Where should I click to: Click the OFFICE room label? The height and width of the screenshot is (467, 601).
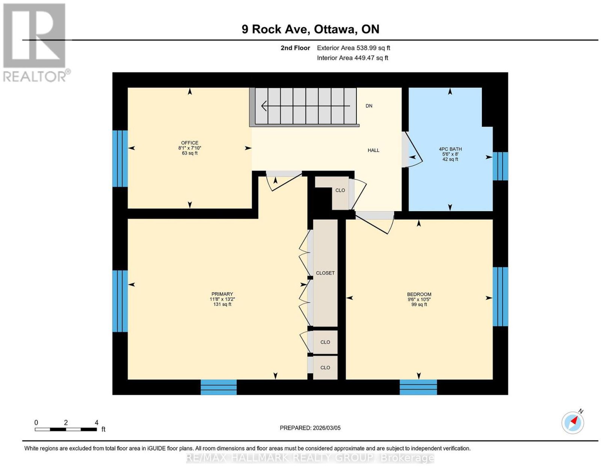click(189, 143)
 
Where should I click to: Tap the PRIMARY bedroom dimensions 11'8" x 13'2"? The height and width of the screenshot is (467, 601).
click(222, 299)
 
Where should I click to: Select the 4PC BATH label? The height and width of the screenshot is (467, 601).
click(450, 149)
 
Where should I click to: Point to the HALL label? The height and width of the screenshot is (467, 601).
click(373, 150)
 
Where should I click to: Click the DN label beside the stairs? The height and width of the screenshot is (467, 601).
click(369, 106)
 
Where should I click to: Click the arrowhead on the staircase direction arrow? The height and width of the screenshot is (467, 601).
click(264, 106)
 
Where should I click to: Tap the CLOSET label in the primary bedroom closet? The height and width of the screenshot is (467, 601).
click(325, 273)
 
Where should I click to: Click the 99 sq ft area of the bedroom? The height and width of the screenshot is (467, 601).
click(419, 304)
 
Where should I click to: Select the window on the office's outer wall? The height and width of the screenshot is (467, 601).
click(120, 159)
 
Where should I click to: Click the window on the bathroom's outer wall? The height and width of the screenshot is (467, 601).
click(500, 166)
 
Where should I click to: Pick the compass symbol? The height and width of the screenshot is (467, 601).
click(573, 423)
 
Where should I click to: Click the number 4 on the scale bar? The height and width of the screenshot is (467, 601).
click(96, 423)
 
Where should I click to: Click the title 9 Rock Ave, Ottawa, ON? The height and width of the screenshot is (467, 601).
click(310, 29)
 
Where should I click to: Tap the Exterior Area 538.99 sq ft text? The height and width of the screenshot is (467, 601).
click(353, 48)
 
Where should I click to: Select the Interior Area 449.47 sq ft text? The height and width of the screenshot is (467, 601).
click(352, 58)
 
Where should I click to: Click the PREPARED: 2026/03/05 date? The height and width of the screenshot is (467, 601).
click(310, 428)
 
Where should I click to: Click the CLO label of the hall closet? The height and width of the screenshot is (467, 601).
click(340, 190)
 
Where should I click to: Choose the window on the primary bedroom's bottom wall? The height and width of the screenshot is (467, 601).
click(219, 387)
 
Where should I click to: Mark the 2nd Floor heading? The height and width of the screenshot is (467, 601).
click(295, 48)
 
